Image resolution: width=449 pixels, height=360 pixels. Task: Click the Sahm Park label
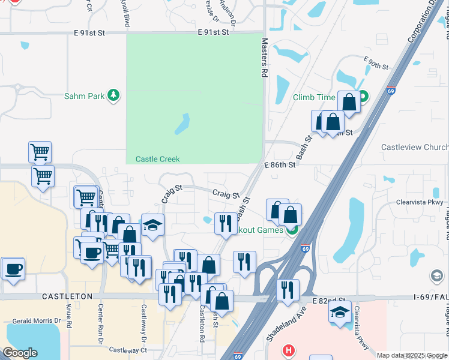click(85, 95)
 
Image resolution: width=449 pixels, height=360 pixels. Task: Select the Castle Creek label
click(157, 159)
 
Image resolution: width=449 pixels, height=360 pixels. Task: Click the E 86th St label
click(280, 164)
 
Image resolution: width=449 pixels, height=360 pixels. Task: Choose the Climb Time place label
click(314, 97)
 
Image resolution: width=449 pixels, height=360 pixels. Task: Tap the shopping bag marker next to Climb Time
click(349, 103)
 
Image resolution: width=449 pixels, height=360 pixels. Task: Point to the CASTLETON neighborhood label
click(67, 296)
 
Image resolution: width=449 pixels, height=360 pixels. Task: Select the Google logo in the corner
click(20, 353)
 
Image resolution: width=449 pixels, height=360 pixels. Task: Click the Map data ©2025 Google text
click(411, 355)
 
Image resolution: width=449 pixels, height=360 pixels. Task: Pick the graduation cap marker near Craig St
click(152, 225)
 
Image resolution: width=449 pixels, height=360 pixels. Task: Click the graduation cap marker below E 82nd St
click(340, 312)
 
